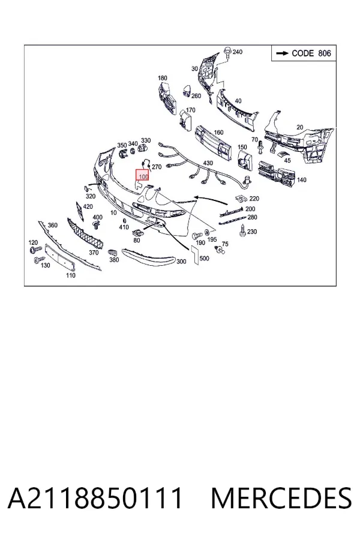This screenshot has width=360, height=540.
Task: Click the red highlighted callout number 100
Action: click(x=142, y=175)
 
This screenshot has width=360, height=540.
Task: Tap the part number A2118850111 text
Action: click(x=95, y=498)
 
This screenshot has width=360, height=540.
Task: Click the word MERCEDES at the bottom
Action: click(x=281, y=498)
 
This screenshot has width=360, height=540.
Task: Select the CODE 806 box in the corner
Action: click(x=304, y=53)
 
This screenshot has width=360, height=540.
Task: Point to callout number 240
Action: click(x=238, y=52)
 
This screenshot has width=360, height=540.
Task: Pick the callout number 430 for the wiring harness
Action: click(x=208, y=163)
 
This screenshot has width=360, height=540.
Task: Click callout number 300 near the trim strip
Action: click(x=181, y=262)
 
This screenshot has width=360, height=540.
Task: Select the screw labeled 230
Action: click(x=242, y=231)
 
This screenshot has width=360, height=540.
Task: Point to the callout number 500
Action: click(x=204, y=258)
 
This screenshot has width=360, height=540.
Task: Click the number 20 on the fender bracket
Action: click(x=300, y=127)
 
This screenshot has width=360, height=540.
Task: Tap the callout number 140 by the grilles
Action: click(x=301, y=179)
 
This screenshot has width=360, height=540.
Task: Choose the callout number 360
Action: click(x=52, y=225)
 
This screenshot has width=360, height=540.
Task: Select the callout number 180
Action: click(x=163, y=78)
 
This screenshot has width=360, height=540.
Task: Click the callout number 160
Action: click(x=218, y=132)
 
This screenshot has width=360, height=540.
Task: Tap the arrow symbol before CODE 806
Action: click(x=282, y=53)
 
